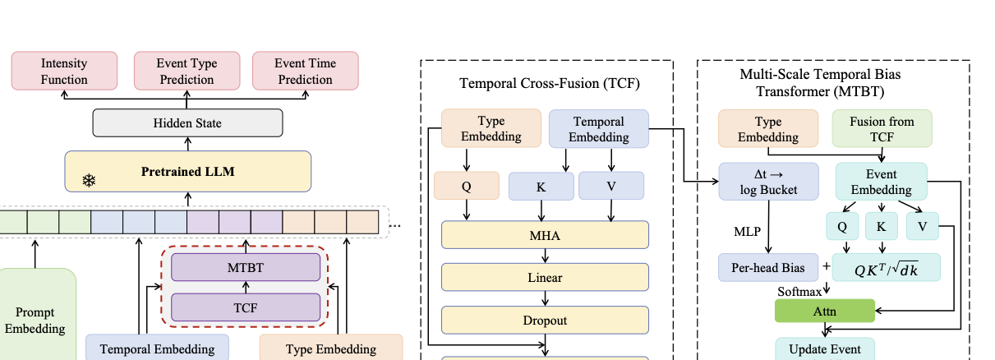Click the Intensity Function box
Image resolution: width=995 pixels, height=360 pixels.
(64, 72)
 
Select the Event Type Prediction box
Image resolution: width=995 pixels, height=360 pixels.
(187, 72)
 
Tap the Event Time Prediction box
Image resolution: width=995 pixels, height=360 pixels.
(305, 72)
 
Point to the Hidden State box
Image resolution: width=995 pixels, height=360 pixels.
(187, 123)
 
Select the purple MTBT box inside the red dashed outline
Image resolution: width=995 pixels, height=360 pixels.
(245, 267)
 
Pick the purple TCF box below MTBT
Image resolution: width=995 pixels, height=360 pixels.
(245, 307)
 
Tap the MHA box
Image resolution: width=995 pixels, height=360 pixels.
(545, 235)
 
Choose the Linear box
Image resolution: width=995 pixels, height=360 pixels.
(545, 277)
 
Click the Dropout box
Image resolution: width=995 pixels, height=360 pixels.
(545, 320)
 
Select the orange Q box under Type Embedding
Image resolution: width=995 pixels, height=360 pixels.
(467, 186)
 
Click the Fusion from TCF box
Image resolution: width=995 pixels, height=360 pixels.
(882, 129)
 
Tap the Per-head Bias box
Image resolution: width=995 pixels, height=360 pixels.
(768, 267)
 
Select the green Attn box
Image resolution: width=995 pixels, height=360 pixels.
(825, 311)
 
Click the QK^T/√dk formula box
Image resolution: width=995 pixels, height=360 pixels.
(886, 267)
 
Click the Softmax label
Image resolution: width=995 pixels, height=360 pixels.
(799, 291)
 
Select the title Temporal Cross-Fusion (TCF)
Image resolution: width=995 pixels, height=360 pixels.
(549, 83)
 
